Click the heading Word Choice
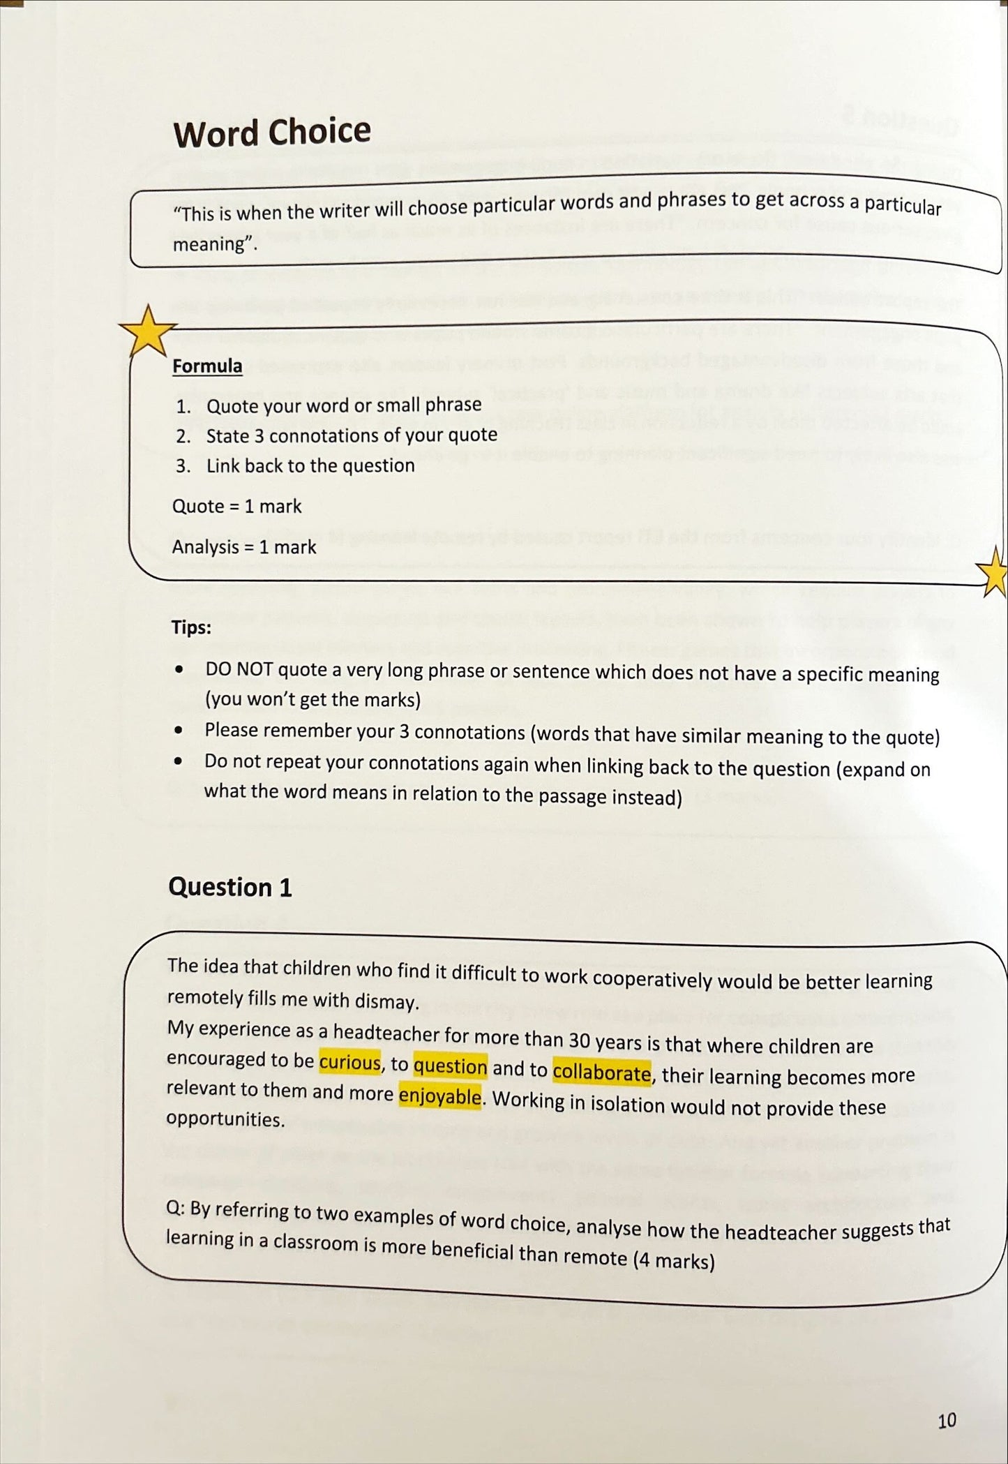coord(272,133)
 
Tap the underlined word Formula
coord(207,366)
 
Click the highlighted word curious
coord(350,1063)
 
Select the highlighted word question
coord(450,1067)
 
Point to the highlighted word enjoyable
coord(439,1096)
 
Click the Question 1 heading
coord(230,887)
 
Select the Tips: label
coord(191,627)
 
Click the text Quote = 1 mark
coord(236,506)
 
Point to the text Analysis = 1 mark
coord(243,547)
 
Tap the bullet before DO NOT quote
coord(180,669)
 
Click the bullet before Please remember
coord(179,731)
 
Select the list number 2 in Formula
coord(183,437)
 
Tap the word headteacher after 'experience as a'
coord(396,1033)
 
